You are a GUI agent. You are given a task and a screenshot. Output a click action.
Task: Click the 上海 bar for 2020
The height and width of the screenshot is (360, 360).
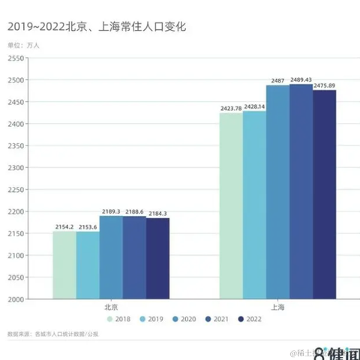(x=277, y=192)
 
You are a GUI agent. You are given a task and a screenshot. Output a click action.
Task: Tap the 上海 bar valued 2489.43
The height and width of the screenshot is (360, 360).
(x=301, y=191)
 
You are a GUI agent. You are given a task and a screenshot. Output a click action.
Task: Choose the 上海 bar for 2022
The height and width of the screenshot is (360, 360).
(x=324, y=194)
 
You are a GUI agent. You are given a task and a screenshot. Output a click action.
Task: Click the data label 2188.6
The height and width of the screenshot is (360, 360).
(x=134, y=212)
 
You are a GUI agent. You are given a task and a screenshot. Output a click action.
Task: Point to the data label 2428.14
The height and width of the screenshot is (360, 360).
(x=255, y=107)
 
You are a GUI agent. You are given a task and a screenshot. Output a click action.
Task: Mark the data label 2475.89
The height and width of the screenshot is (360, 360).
(x=325, y=85)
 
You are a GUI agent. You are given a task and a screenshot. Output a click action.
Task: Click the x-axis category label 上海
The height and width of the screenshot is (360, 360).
(x=277, y=307)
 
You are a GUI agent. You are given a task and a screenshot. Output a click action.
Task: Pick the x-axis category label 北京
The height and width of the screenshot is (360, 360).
(x=111, y=307)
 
